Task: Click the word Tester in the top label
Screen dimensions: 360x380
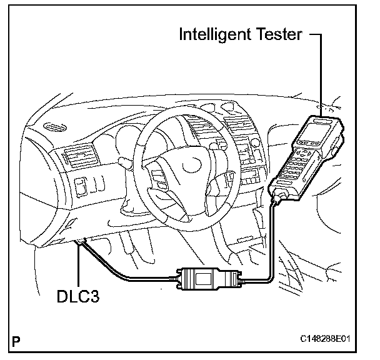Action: click(x=279, y=34)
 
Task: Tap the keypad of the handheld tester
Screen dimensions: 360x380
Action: click(x=296, y=165)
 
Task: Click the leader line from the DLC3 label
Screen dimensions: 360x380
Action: click(x=78, y=269)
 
